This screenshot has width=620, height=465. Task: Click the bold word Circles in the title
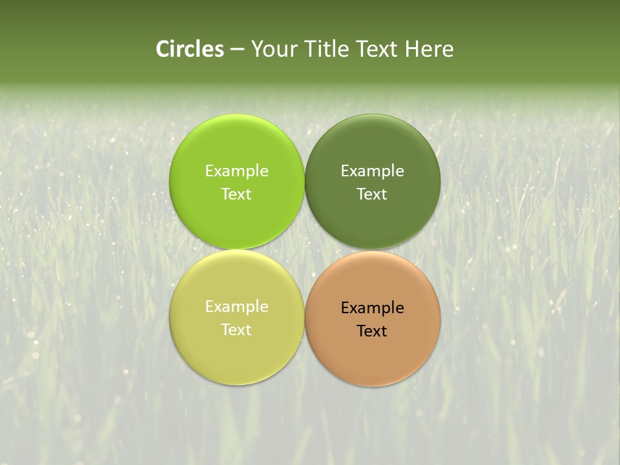tap(190, 49)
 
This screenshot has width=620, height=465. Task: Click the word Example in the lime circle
tap(236, 170)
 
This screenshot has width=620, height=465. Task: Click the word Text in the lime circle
tap(236, 194)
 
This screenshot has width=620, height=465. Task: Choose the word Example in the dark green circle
tap(372, 170)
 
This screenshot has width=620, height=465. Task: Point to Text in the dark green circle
tap(372, 194)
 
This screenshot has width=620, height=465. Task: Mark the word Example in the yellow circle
tap(236, 306)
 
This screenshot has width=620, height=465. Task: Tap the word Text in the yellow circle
tap(236, 329)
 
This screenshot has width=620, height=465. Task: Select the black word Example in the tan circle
tap(372, 307)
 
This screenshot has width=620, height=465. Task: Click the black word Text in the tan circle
tap(372, 331)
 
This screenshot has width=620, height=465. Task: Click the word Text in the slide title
tap(377, 49)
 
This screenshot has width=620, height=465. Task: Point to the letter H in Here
tap(411, 49)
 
